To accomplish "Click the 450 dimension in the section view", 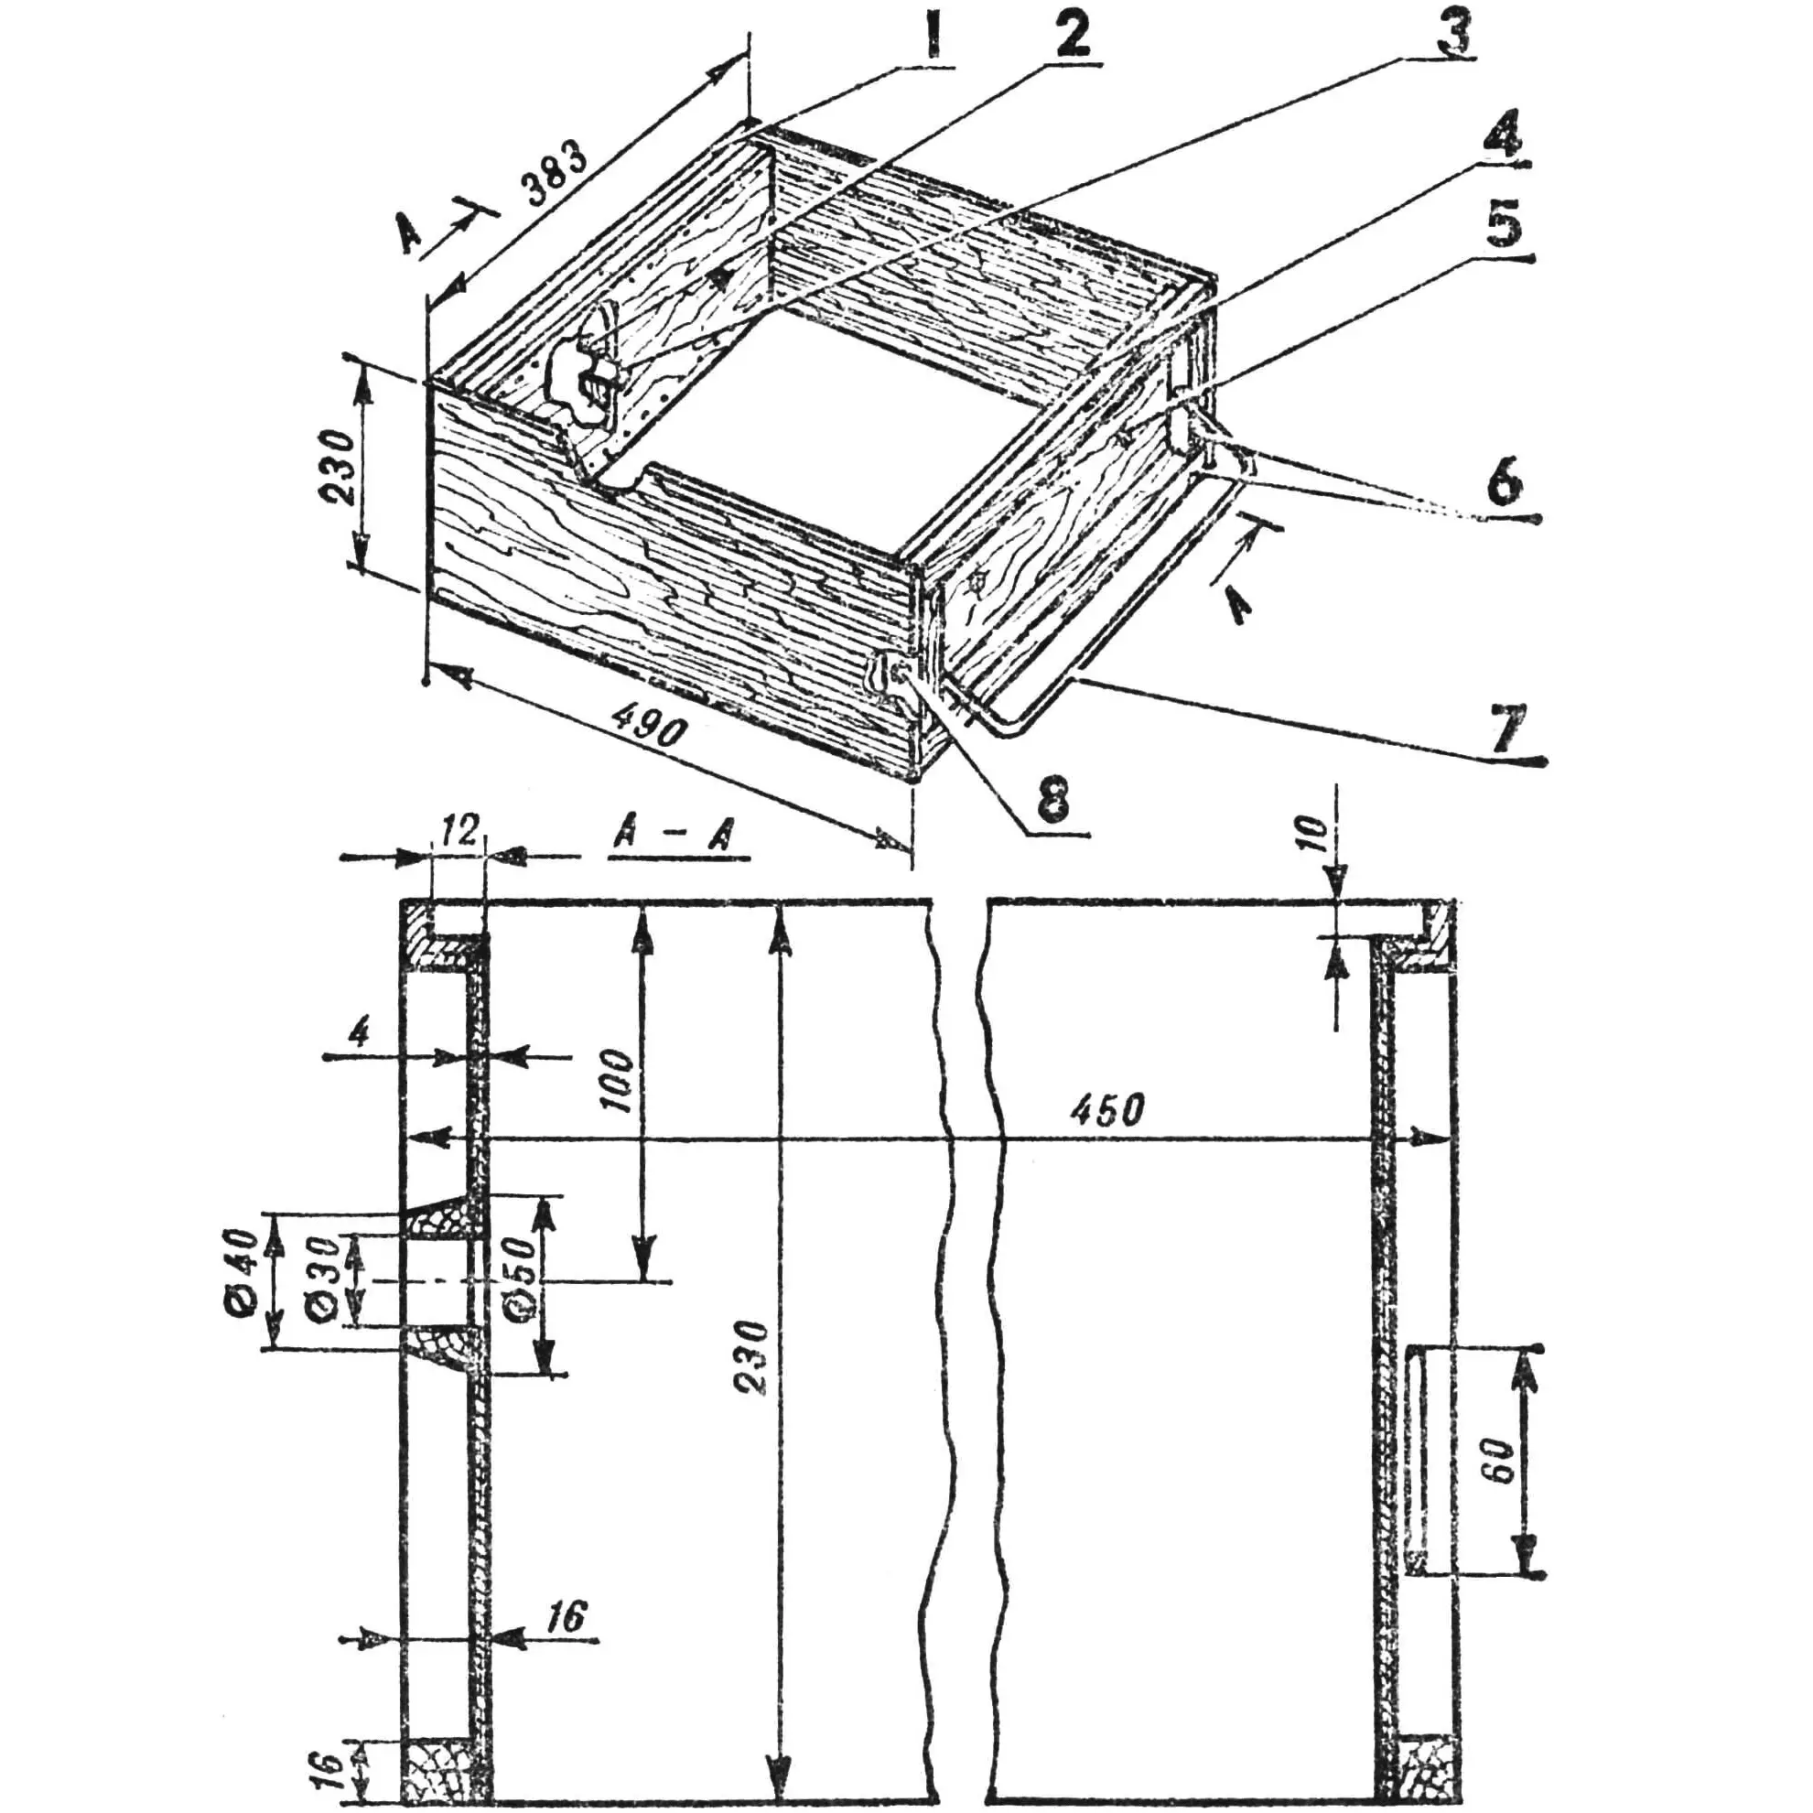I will pyautogui.click(x=1107, y=1110).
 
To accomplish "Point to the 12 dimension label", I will pyautogui.click(x=458, y=830).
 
